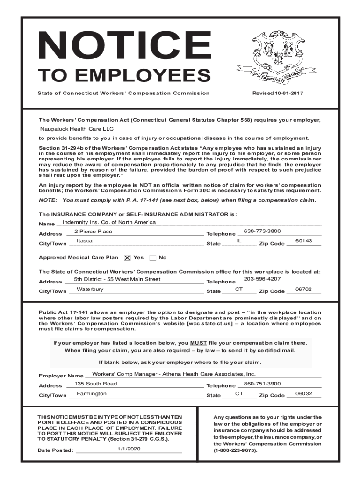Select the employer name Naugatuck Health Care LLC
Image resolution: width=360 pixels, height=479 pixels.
click(77, 129)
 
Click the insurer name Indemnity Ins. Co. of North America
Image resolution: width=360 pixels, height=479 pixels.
click(109, 222)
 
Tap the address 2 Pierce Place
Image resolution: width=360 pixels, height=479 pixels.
click(94, 232)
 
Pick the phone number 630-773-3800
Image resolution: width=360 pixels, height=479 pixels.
click(262, 231)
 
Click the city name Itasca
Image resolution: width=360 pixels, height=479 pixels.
click(85, 241)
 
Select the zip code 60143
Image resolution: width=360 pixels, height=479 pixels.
click(303, 241)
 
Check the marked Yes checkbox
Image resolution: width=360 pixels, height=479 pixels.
click(127, 258)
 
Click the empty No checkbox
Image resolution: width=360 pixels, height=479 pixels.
click(152, 258)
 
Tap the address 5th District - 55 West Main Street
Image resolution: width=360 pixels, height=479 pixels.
click(117, 279)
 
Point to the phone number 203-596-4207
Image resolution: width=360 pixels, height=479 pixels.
click(262, 279)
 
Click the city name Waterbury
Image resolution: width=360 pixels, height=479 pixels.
click(90, 289)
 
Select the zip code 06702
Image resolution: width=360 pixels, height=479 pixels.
click(303, 289)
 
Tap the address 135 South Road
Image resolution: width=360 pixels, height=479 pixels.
click(96, 384)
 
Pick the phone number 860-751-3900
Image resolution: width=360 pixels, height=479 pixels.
click(262, 384)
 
